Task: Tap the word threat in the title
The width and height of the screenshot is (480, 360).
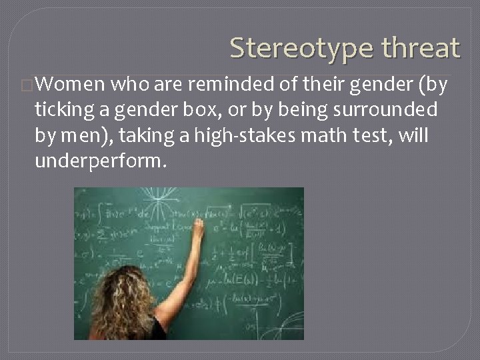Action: (x=421, y=48)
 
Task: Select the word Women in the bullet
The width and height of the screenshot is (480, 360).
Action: (x=70, y=84)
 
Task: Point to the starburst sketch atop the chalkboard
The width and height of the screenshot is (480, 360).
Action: (x=159, y=200)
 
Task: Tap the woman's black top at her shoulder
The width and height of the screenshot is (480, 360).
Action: (x=158, y=328)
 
